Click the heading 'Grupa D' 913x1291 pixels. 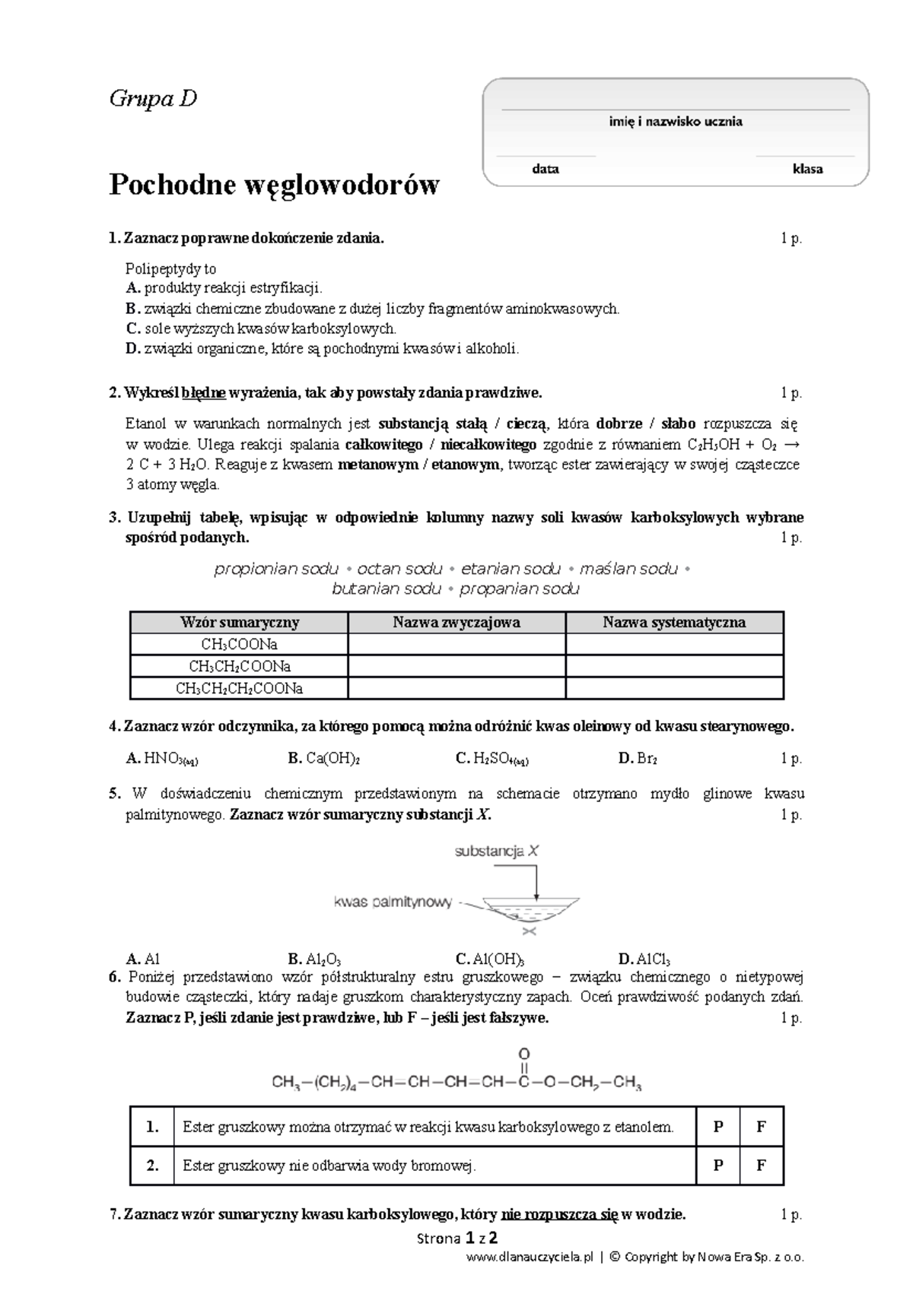[153, 99]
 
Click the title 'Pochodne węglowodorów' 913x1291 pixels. [274, 185]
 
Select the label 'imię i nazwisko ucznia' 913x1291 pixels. [676, 122]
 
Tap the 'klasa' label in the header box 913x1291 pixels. [807, 169]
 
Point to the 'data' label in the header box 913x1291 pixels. [546, 169]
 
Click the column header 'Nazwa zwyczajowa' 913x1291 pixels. [456, 622]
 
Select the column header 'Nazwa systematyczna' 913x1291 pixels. [674, 622]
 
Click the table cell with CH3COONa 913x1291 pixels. [239, 645]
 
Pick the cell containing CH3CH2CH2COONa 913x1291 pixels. [239, 689]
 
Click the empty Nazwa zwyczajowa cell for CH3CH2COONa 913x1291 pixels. [456, 667]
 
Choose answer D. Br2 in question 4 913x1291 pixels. [638, 758]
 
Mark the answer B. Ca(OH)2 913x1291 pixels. [323, 758]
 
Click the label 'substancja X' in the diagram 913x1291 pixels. [496, 852]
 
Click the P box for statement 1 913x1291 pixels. [717, 1128]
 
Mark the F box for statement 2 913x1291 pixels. [761, 1166]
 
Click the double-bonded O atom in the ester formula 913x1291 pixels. [523, 1055]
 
